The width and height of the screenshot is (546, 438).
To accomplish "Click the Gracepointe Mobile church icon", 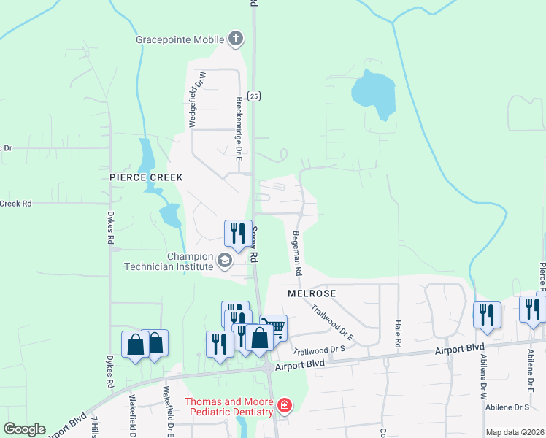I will (x=235, y=39).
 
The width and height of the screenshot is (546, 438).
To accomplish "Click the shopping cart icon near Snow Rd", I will (x=274, y=326).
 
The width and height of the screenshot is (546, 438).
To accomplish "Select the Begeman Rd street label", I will (x=297, y=253).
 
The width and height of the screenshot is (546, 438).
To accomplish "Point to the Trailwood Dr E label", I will (x=332, y=323).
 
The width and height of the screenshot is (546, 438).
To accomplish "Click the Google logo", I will (x=24, y=429).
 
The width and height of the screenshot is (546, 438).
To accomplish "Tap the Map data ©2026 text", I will (x=515, y=432).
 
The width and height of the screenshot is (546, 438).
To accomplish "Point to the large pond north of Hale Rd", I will (x=373, y=93).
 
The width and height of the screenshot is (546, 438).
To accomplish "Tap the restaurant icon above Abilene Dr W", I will (x=487, y=315).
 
